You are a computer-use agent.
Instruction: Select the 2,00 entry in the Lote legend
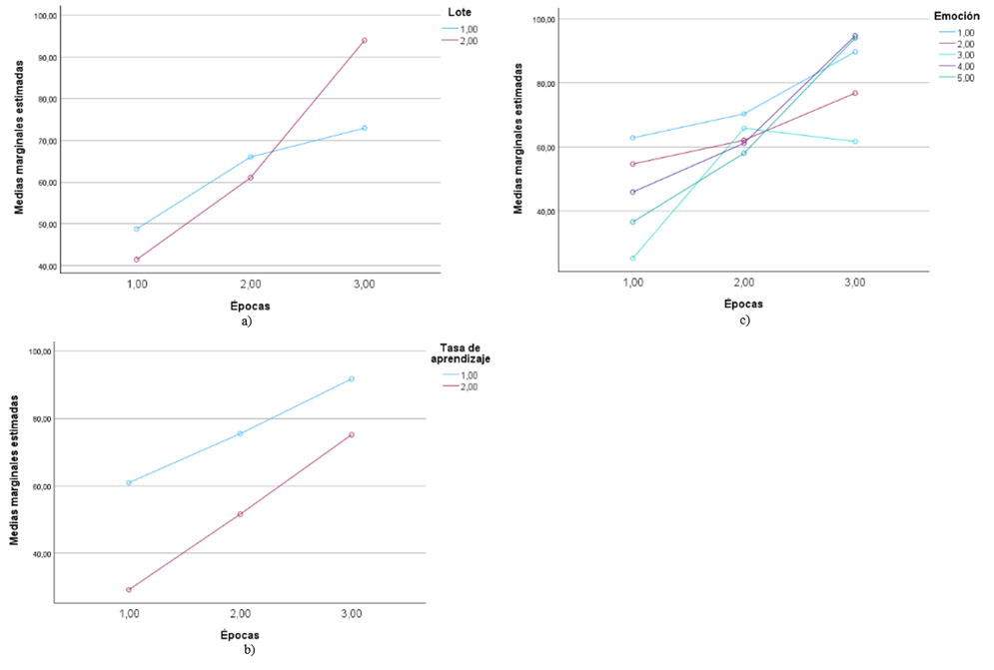pyautogui.click(x=467, y=41)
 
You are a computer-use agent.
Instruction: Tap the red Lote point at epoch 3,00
pyautogui.click(x=365, y=40)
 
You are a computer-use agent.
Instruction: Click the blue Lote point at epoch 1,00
pyautogui.click(x=137, y=229)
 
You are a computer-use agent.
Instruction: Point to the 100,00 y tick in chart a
pyautogui.click(x=45, y=16)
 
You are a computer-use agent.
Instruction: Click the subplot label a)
pyautogui.click(x=246, y=322)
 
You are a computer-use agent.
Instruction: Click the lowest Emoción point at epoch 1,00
pyautogui.click(x=632, y=258)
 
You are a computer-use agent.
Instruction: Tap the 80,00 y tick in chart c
pyautogui.click(x=543, y=84)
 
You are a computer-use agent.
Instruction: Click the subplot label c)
pyautogui.click(x=744, y=320)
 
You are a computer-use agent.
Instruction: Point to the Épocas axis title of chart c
pyautogui.click(x=744, y=303)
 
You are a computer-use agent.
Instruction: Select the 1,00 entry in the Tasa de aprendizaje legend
pyautogui.click(x=467, y=374)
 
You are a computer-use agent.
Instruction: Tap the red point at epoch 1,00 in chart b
pyautogui.click(x=129, y=589)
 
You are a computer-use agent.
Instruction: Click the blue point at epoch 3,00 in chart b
pyautogui.click(x=352, y=378)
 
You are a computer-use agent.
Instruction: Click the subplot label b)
pyautogui.click(x=249, y=649)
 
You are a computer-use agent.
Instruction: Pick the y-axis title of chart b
pyautogui.click(x=15, y=467)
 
